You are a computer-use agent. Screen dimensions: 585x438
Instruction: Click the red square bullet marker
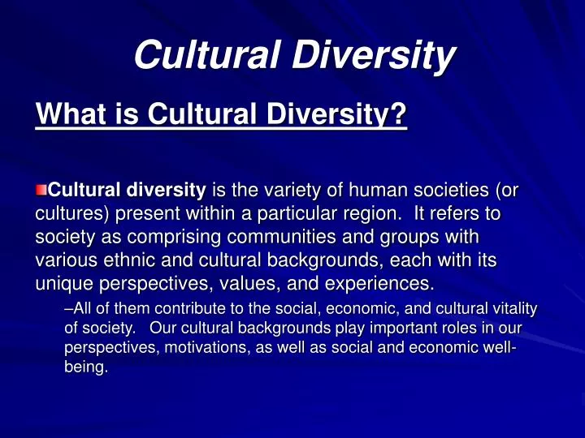[x=41, y=190]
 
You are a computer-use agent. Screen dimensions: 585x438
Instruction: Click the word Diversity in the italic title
[x=374, y=54]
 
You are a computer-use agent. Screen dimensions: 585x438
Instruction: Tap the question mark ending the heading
[x=397, y=114]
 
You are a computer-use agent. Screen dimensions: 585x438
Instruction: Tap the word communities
[x=281, y=237]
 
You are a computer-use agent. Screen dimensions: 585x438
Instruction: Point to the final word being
[x=86, y=367]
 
